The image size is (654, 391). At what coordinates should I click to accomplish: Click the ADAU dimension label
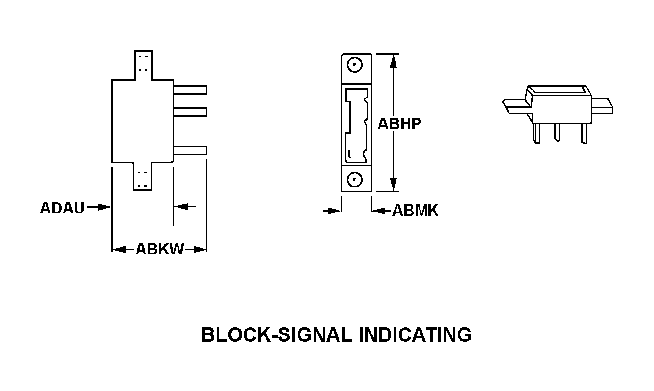62,208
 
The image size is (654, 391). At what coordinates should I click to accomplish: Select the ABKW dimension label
160,249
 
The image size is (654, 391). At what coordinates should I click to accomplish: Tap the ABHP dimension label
399,123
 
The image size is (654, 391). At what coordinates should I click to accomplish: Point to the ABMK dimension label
415,211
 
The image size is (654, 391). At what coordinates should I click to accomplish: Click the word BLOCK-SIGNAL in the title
276,335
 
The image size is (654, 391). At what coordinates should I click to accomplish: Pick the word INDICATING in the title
415,335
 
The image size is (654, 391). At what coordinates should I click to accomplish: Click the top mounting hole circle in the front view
356,65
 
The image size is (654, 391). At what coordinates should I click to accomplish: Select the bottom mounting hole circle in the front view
356,179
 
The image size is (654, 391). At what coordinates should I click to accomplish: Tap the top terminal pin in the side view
190,90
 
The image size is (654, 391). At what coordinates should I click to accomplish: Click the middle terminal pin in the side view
190,112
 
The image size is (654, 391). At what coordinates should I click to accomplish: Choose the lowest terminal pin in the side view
190,151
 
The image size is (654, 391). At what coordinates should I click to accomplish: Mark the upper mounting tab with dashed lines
143,65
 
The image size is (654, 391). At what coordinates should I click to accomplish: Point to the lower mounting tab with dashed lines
143,177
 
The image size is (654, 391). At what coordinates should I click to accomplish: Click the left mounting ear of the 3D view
516,106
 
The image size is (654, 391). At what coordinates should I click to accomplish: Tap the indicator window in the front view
356,124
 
